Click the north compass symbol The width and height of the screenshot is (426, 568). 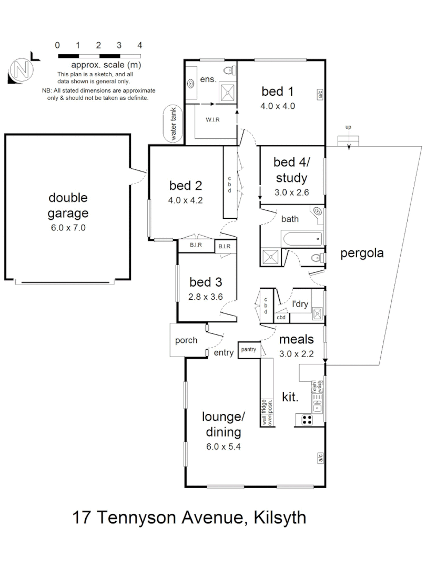tap(21, 69)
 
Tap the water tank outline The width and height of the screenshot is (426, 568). tap(174, 124)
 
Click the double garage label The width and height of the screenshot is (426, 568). tap(68, 206)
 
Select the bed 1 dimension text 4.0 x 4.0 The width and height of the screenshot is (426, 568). tap(278, 106)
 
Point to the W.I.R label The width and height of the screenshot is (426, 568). tap(212, 120)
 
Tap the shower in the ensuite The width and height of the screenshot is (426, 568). tap(228, 92)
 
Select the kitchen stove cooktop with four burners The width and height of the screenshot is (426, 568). tap(306, 420)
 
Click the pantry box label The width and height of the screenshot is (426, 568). tap(248, 349)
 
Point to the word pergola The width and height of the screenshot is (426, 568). tap(362, 253)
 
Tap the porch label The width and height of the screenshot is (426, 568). tap(186, 340)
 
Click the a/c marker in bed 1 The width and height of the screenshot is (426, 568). tap(320, 95)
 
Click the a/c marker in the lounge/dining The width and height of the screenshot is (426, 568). tap(320, 458)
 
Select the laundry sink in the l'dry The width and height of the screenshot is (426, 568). tap(317, 315)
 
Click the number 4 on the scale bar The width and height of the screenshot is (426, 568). tap(139, 46)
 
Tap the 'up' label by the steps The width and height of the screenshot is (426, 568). tap(348, 127)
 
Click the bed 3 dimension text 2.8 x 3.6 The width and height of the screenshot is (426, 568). tap(206, 297)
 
